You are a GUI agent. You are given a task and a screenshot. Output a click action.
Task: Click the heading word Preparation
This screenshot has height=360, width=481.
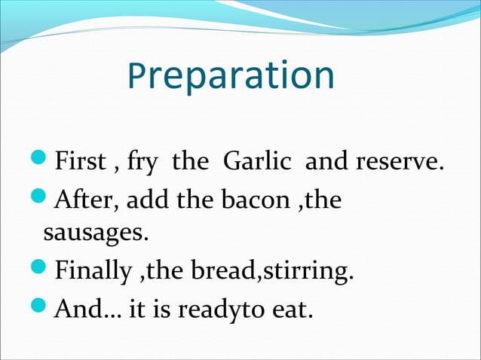click(231, 76)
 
